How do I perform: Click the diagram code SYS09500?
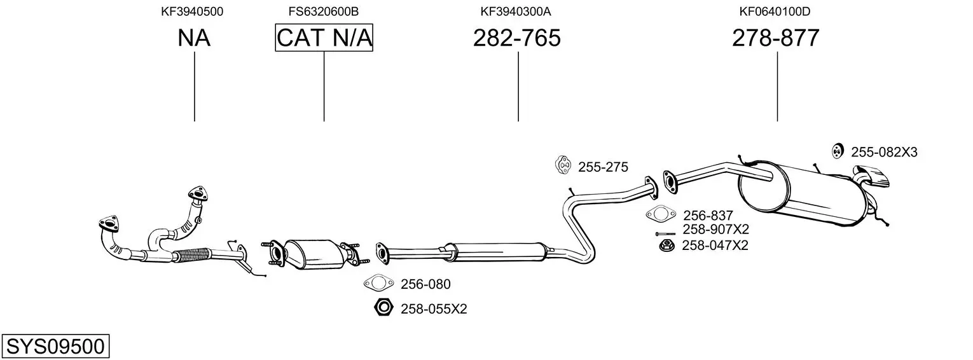pos(55,347)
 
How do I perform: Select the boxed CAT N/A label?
pos(324,38)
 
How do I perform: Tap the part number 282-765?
pos(517,38)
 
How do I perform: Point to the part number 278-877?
pos(776,38)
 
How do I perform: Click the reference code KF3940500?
pos(192,11)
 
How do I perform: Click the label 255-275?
pos(603,167)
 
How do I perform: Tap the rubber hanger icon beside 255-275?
pos(563,165)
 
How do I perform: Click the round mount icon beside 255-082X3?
pos(838,151)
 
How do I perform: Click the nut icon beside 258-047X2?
pos(666,246)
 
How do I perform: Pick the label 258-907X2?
pos(715,230)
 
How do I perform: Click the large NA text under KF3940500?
pos(194,38)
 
